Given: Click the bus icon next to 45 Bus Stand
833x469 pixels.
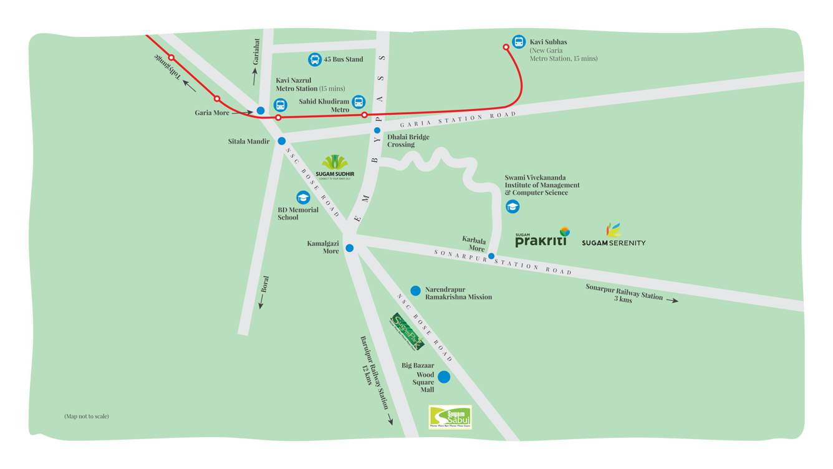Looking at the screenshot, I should [315, 59].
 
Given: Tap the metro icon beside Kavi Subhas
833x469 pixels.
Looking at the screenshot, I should [519, 42].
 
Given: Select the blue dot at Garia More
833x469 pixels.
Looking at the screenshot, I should [261, 110].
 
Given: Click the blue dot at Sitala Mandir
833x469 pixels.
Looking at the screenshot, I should [282, 141].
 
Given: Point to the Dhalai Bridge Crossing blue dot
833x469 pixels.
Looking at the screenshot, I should [377, 130].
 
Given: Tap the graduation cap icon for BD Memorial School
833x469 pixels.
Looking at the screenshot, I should [303, 198].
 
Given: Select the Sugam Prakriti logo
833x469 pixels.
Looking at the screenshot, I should [542, 238].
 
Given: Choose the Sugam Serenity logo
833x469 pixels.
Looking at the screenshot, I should [614, 235].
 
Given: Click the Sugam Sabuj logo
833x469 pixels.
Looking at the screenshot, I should [450, 417].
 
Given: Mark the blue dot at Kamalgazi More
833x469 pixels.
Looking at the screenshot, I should [350, 248].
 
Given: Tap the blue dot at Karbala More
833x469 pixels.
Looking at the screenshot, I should [491, 256].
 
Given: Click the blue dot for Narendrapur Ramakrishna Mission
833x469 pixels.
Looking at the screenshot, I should [415, 291].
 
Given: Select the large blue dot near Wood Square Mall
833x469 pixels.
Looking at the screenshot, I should [444, 377].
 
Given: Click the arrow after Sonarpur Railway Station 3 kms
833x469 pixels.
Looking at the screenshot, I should [672, 301].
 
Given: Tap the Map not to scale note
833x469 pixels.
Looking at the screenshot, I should [86, 416].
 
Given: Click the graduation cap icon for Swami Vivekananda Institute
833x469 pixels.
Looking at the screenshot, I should [513, 206].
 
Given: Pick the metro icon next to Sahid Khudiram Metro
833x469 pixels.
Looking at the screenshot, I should [359, 102].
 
